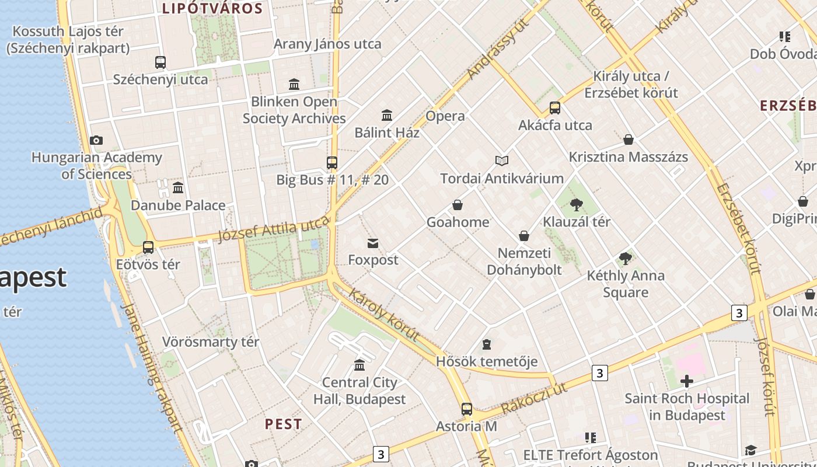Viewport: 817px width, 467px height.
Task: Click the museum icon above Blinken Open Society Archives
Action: pos(294,85)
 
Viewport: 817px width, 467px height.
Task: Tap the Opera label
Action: pos(445,116)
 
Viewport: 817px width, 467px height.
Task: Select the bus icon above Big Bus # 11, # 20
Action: pos(332,163)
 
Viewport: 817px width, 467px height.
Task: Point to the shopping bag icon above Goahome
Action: pos(458,205)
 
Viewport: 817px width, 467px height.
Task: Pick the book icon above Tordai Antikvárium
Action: pos(502,161)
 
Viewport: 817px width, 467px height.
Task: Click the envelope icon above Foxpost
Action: pos(373,243)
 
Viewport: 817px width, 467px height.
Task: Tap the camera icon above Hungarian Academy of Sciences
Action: pos(96,140)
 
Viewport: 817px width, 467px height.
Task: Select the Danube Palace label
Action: pos(178,205)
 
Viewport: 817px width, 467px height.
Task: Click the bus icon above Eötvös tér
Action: pos(148,247)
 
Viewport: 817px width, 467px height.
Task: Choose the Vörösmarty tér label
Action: pos(211,342)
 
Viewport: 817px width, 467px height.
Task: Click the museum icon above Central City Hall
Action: pos(359,365)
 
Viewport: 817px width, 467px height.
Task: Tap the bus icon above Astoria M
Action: pos(466,409)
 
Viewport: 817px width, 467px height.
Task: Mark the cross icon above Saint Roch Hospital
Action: pos(687,382)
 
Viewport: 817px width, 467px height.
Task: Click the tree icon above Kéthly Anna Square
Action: pos(626,258)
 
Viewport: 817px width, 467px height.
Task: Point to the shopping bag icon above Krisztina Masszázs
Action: pos(629,140)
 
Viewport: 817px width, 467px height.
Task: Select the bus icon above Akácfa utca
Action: pos(554,108)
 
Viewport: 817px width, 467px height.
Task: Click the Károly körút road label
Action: pos(384,314)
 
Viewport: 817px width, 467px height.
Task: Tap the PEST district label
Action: pos(284,424)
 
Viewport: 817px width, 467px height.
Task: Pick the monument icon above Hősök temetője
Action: pos(487,344)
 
